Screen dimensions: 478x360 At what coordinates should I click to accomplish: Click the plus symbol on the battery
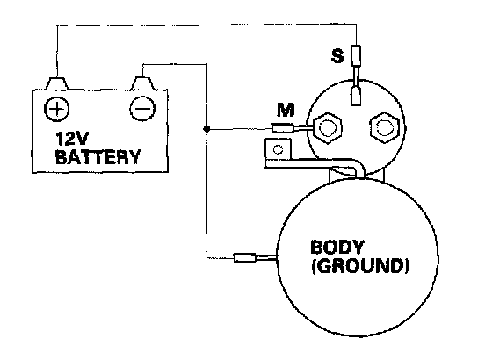(x=57, y=109)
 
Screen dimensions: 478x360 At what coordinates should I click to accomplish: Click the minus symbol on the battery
(x=142, y=108)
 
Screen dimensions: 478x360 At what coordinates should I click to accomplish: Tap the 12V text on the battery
(x=72, y=140)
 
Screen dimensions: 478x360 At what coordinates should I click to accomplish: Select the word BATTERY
(x=98, y=157)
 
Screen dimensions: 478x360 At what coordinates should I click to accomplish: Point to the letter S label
(x=337, y=56)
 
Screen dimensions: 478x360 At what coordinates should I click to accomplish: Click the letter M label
(x=286, y=110)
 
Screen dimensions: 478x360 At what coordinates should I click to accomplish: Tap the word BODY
(x=337, y=248)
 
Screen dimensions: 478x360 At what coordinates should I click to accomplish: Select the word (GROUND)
(x=359, y=266)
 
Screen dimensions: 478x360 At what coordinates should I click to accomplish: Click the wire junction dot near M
(x=206, y=129)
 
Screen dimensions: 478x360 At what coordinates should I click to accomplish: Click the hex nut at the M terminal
(x=328, y=128)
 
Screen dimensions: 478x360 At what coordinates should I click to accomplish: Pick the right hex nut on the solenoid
(x=384, y=127)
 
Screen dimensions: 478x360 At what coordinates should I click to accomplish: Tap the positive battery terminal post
(x=56, y=83)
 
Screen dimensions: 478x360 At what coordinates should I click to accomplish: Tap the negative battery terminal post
(x=143, y=83)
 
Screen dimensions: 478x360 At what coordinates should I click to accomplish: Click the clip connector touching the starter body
(x=244, y=258)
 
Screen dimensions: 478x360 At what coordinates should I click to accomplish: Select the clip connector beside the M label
(x=283, y=127)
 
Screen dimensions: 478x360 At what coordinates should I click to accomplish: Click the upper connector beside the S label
(x=356, y=55)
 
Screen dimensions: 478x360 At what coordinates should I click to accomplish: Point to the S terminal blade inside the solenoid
(x=356, y=96)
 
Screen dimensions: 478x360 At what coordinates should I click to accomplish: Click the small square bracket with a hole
(x=278, y=149)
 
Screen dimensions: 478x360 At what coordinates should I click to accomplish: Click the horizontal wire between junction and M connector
(x=239, y=129)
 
